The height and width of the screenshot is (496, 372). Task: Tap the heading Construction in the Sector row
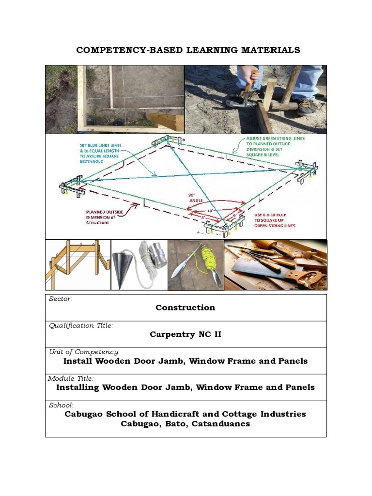[x=186, y=308]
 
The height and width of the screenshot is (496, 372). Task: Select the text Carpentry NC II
[x=186, y=334]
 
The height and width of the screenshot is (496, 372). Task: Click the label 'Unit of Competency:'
[x=84, y=352]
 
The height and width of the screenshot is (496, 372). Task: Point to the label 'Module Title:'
[x=71, y=378]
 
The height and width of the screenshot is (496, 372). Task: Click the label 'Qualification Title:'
[x=81, y=325]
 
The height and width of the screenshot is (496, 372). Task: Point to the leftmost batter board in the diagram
[x=73, y=187]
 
